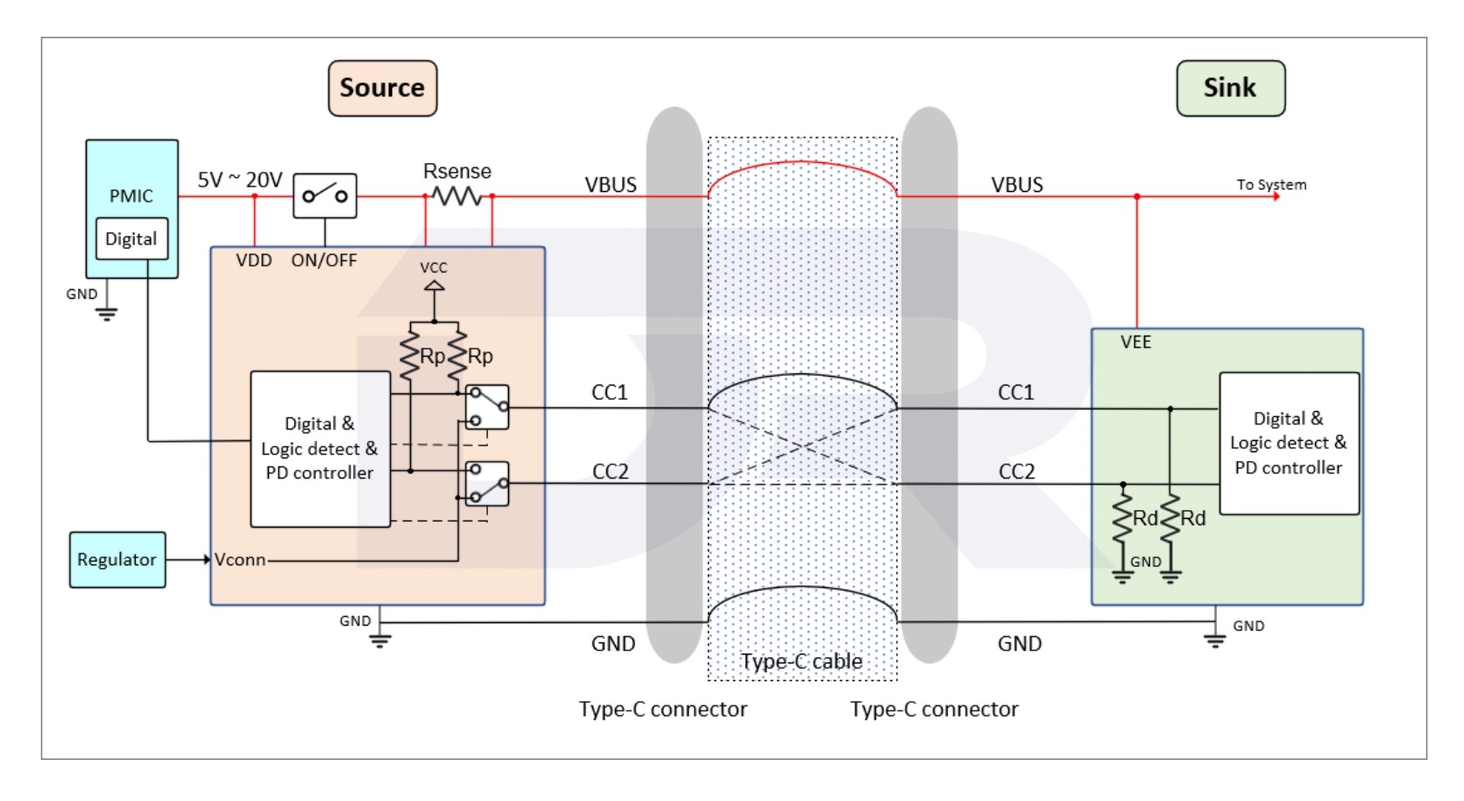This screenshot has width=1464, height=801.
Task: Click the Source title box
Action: [x=382, y=88]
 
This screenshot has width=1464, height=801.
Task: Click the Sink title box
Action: [x=1230, y=88]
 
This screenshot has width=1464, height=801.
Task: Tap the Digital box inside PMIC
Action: [x=131, y=238]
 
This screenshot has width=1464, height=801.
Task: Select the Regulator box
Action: [x=117, y=559]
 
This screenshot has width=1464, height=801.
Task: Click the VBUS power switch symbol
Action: [x=324, y=195]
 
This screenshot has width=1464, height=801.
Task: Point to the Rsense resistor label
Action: [x=456, y=171]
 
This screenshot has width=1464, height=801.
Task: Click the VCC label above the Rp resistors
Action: [x=433, y=267]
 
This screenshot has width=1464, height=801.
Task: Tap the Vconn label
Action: [x=239, y=559]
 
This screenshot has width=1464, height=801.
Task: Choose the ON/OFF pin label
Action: [x=323, y=260]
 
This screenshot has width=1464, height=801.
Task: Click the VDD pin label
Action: [x=253, y=260]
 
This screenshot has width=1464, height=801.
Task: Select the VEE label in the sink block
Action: [x=1135, y=342]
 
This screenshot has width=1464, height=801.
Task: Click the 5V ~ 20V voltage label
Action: [x=239, y=180]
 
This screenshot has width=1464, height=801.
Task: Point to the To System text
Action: [x=1270, y=184]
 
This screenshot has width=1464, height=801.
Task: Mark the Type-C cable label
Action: [x=801, y=661]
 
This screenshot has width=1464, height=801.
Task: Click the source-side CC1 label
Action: [x=610, y=392]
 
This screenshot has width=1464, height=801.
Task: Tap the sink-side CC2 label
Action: [x=1016, y=471]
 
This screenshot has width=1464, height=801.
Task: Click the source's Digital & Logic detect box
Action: [x=320, y=449]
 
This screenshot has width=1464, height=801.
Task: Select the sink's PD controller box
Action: [x=1288, y=443]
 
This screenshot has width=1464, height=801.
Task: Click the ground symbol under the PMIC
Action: [x=107, y=313]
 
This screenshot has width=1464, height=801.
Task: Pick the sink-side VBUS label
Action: [x=1016, y=185]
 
